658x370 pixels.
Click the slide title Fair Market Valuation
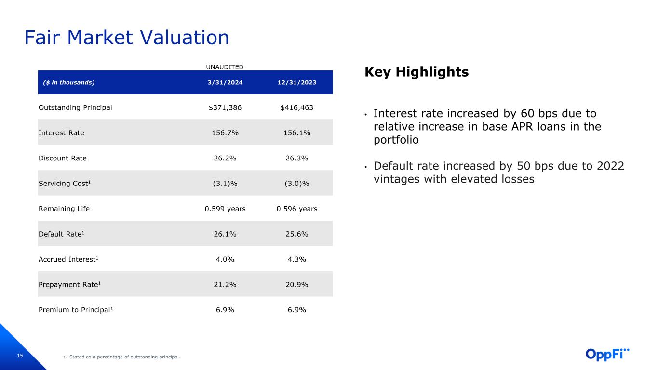[x=127, y=38]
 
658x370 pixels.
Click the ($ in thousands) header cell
[x=69, y=82]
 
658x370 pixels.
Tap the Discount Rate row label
[x=63, y=158]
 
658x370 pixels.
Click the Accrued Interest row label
[x=68, y=259]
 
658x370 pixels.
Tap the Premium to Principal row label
[x=76, y=310]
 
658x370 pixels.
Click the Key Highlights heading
[x=416, y=72]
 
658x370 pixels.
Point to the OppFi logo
[x=607, y=354]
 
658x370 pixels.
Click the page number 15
[x=20, y=356]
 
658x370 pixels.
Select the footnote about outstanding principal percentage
[x=124, y=357]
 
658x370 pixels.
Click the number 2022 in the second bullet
[x=611, y=166]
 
